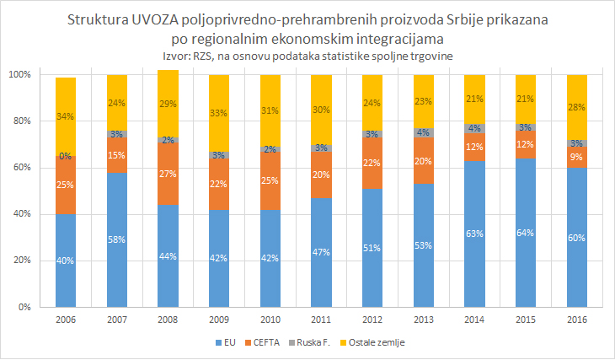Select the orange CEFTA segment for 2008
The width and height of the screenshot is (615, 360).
point(167,175)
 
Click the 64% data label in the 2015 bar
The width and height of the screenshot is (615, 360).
point(526,234)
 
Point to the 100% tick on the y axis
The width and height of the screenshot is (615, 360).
point(19,75)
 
